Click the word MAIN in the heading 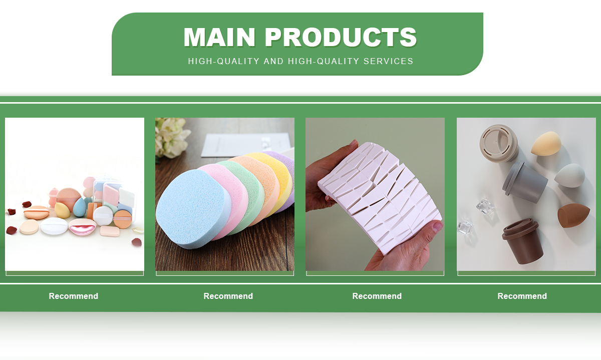tap(219, 37)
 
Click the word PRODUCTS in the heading tap(341, 37)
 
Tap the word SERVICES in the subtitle tap(388, 61)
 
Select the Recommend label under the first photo tap(74, 296)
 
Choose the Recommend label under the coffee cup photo tap(522, 296)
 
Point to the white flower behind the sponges tap(172, 136)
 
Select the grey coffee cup tap(524, 182)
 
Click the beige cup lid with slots tap(499, 144)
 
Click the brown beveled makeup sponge tap(573, 215)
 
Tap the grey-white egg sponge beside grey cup tap(569, 175)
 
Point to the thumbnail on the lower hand tap(438, 227)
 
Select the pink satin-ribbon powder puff tap(82, 227)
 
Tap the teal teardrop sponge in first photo tap(80, 207)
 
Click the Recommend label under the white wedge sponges tap(377, 296)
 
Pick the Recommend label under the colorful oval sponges tap(228, 296)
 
